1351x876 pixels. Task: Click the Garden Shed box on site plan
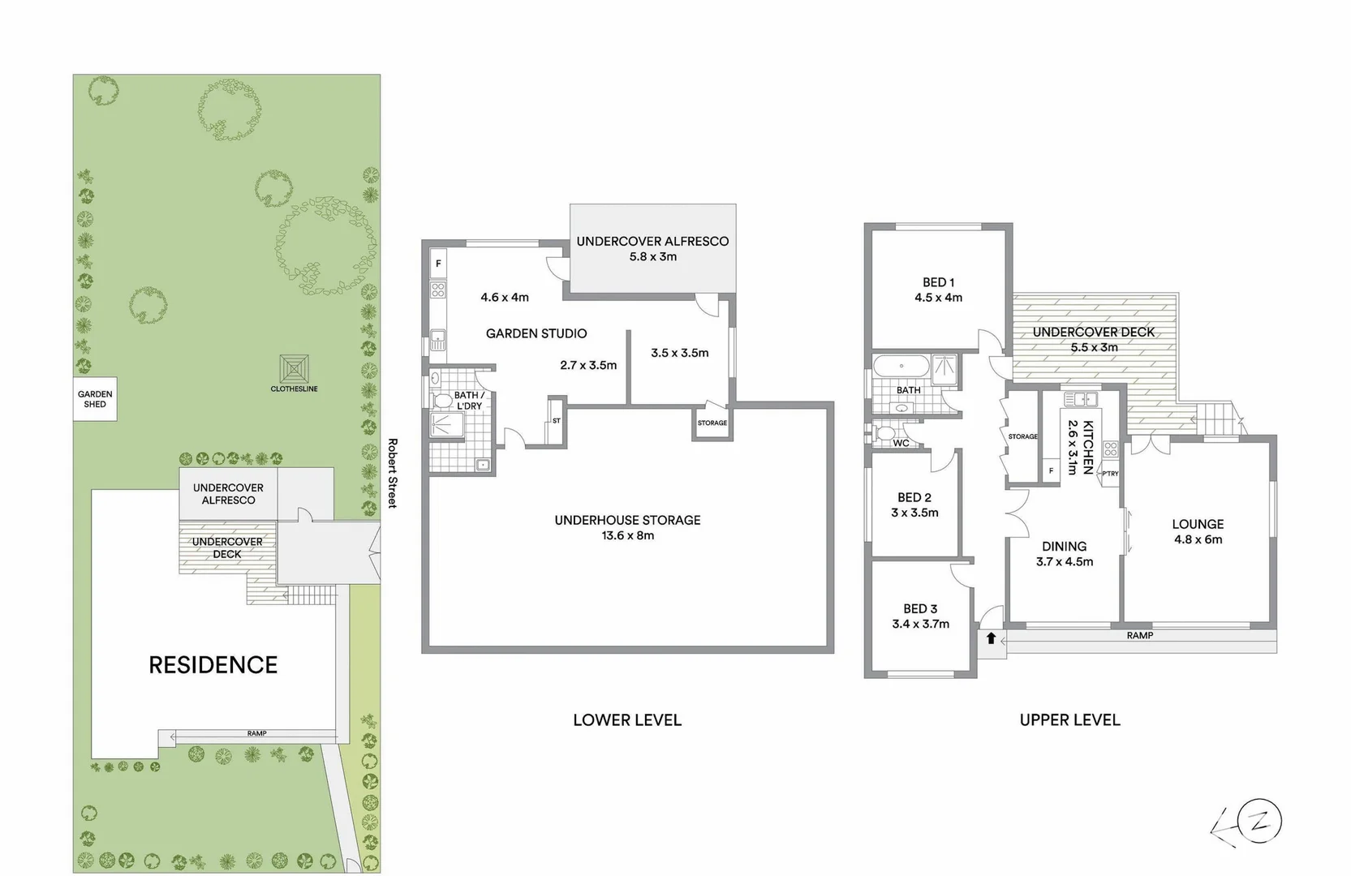95,398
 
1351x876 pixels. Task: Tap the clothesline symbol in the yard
294,369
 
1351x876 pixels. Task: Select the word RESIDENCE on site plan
213,665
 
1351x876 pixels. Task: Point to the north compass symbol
1262,822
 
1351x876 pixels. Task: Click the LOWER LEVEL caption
626,720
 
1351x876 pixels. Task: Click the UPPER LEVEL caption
1069,720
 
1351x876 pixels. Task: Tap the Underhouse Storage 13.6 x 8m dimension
627,535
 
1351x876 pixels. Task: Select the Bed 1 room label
938,282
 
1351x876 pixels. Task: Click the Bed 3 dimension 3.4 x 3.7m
920,624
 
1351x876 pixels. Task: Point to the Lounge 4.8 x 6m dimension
1198,539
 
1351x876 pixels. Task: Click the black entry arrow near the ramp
991,638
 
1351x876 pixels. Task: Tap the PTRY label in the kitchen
1110,474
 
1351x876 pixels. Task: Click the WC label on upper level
901,443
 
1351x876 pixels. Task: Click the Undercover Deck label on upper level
1093,332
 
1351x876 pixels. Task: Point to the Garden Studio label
536,333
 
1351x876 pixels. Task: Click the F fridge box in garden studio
438,264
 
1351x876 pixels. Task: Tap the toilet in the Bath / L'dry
443,401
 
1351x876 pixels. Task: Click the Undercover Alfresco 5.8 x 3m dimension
652,256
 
